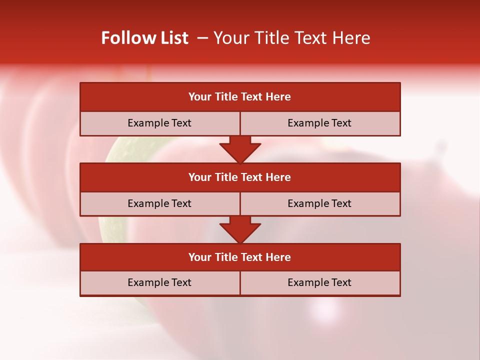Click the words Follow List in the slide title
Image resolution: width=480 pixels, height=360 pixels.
coord(144,38)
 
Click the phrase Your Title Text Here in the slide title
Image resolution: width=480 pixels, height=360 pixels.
coord(291,38)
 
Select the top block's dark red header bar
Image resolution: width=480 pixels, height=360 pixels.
coord(240,97)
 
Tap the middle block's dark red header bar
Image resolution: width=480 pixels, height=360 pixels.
coord(240,177)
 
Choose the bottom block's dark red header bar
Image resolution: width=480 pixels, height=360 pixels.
coord(240,257)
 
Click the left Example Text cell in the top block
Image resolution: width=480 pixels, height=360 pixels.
coord(159,123)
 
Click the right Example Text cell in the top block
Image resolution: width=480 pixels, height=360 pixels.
coord(319,123)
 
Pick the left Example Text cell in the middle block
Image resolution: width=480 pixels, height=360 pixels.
coord(159,203)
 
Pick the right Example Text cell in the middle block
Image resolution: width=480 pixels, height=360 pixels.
coord(319,203)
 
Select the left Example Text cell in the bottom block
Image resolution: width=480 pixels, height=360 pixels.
coord(159,282)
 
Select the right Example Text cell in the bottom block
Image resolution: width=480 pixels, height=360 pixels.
coord(319,282)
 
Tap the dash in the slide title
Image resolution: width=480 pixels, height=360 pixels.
coord(202,38)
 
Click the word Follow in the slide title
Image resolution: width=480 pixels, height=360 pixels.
coord(127,38)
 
